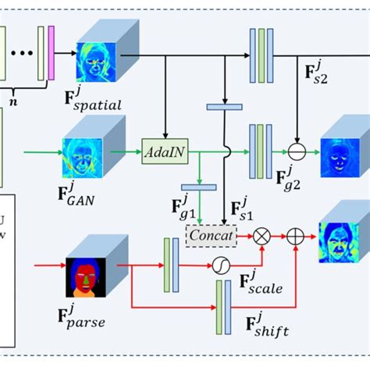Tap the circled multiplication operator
click(x=263, y=233)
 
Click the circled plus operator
click(x=297, y=233)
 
